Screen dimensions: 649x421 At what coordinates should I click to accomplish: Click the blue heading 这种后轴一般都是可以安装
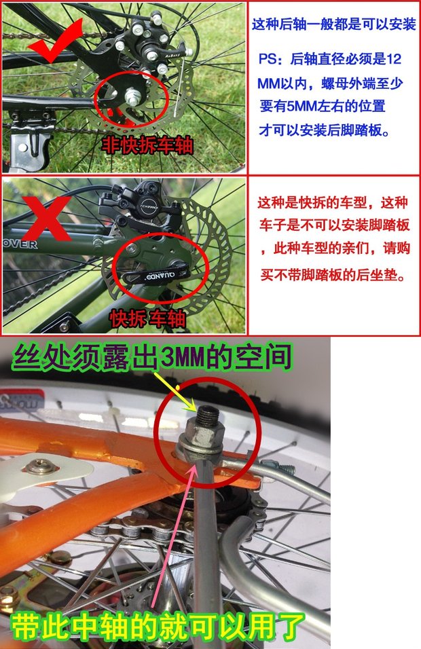[x=333, y=24]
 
